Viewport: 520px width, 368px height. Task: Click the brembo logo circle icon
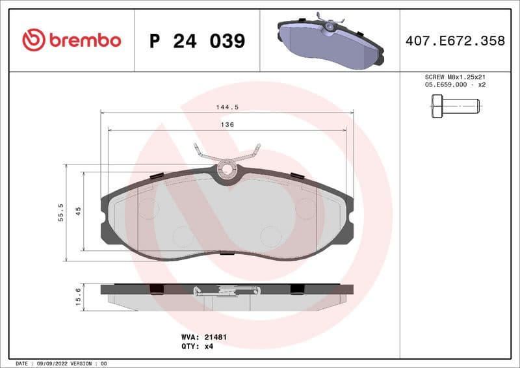point(34,40)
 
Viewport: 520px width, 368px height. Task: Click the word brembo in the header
point(84,40)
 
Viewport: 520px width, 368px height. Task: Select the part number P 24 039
point(197,41)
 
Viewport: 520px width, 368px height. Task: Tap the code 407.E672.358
point(455,41)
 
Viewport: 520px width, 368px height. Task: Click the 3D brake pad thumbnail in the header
point(330,40)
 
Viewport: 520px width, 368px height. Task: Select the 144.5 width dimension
point(227,107)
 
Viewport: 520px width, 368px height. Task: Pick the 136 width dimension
point(227,124)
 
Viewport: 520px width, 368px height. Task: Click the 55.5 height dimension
point(60,212)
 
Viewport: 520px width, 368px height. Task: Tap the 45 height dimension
point(78,211)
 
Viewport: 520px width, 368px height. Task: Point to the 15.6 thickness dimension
point(78,296)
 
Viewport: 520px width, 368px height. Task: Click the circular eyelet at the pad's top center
point(227,170)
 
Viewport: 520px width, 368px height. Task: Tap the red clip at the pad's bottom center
point(227,252)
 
